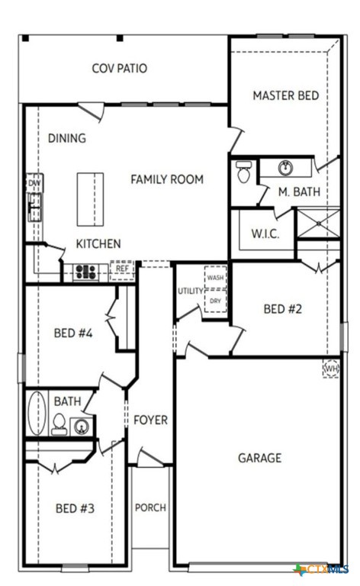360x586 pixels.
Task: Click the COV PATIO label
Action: click(x=120, y=69)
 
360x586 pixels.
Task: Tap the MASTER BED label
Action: click(x=285, y=96)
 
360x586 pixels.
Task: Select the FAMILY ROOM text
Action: click(x=167, y=179)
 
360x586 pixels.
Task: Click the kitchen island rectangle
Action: click(x=90, y=199)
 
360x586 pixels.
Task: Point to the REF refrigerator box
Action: click(x=122, y=269)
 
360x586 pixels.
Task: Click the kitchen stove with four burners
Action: click(x=85, y=270)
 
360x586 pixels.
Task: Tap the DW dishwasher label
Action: click(x=34, y=184)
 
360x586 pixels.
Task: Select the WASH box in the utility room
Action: click(x=215, y=278)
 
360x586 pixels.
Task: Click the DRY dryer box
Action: click(x=215, y=301)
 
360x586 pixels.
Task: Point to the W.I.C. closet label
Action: click(x=265, y=233)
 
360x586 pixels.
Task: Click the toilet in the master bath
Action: click(x=244, y=173)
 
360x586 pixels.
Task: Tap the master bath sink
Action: click(x=286, y=168)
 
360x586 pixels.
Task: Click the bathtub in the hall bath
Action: click(x=37, y=413)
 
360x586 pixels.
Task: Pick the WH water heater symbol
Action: click(x=331, y=369)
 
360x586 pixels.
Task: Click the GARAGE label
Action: click(x=259, y=458)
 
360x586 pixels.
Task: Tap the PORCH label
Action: click(x=150, y=507)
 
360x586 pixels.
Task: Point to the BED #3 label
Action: click(x=75, y=508)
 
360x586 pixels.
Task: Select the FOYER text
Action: click(x=150, y=420)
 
